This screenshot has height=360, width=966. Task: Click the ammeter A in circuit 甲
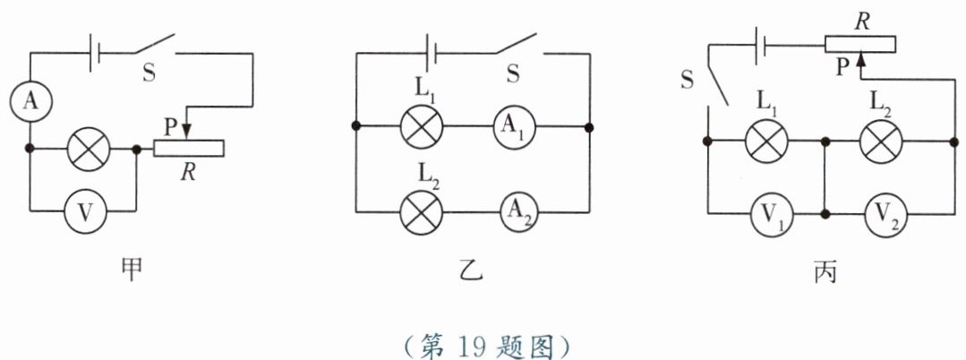click(30, 103)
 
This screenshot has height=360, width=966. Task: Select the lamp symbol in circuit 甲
click(89, 150)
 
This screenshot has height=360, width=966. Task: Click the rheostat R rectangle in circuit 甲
click(189, 150)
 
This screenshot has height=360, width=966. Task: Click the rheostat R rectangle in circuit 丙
click(859, 44)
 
